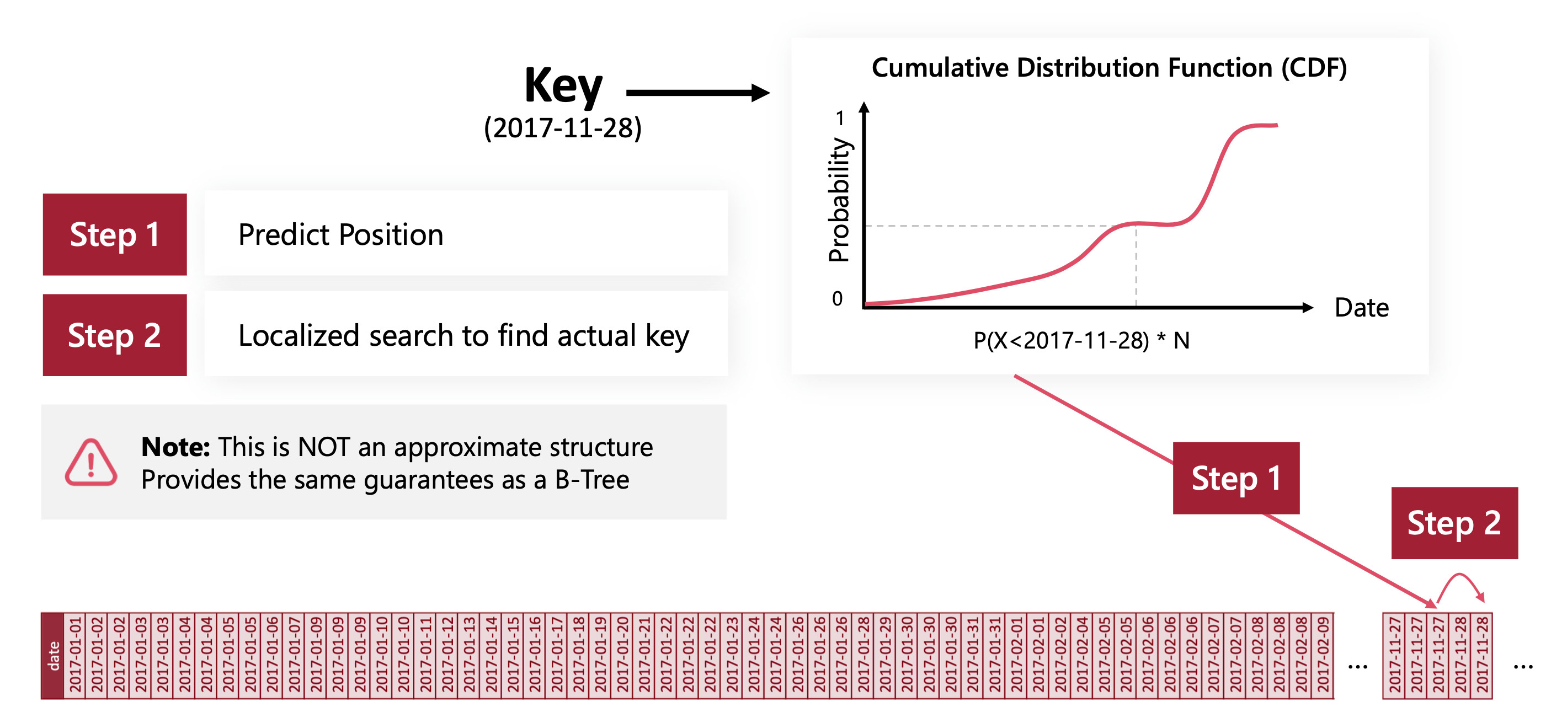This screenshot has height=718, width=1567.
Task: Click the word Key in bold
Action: pyautogui.click(x=563, y=87)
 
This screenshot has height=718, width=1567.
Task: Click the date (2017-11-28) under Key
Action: pyautogui.click(x=563, y=128)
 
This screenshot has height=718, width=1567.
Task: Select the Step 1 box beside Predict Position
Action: pyautogui.click(x=114, y=235)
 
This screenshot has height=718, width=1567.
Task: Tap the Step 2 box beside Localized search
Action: pyautogui.click(x=114, y=335)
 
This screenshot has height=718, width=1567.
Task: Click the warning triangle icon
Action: pyautogui.click(x=90, y=463)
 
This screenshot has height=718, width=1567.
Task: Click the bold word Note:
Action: pyautogui.click(x=175, y=447)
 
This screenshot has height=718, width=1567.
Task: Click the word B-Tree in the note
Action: pyautogui.click(x=592, y=480)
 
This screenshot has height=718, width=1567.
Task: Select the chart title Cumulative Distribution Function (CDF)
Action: pyautogui.click(x=1109, y=67)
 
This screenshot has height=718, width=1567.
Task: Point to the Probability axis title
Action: pyautogui.click(x=839, y=200)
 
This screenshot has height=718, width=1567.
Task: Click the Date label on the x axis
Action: pyautogui.click(x=1361, y=308)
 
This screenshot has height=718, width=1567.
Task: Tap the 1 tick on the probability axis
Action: pyautogui.click(x=840, y=118)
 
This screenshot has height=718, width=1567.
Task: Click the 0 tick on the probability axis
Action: pyautogui.click(x=838, y=298)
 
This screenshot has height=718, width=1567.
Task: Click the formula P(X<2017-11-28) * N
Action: pyautogui.click(x=1081, y=340)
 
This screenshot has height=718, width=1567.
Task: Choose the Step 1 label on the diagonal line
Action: pyautogui.click(x=1236, y=478)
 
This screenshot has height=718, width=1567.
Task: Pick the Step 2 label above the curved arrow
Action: pyautogui.click(x=1454, y=523)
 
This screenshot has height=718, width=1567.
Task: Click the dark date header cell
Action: pyautogui.click(x=53, y=655)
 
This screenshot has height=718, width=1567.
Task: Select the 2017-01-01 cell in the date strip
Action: pyautogui.click(x=75, y=655)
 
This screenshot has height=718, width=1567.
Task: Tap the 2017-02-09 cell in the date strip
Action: pyautogui.click(x=1323, y=655)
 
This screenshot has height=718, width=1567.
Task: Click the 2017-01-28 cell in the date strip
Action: pyautogui.click(x=862, y=655)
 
